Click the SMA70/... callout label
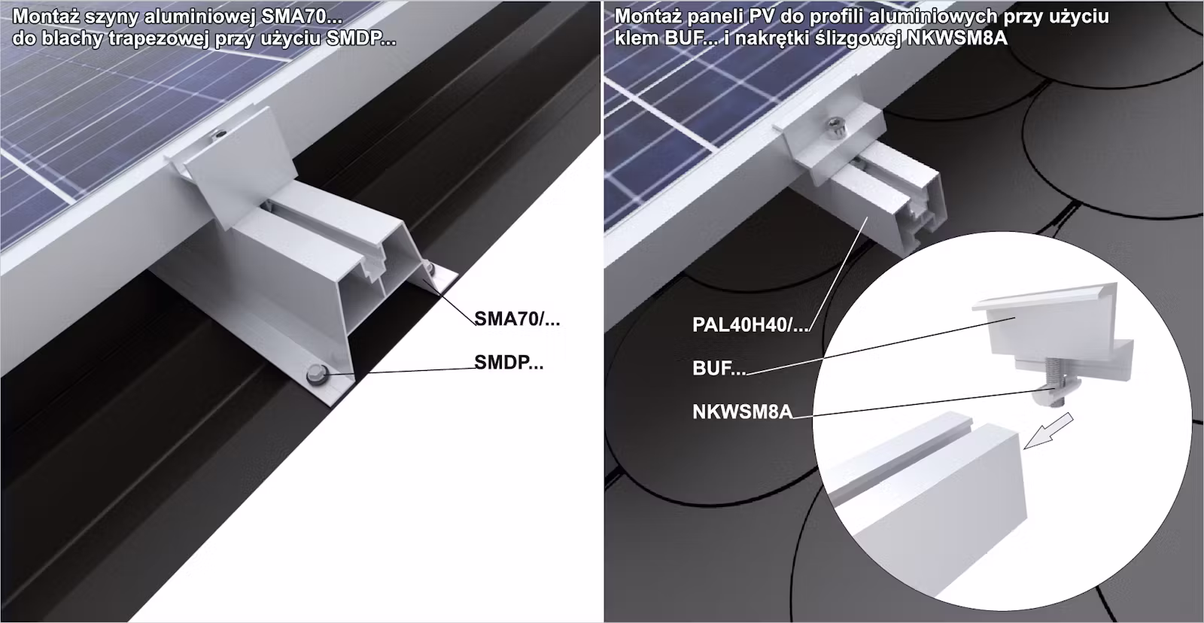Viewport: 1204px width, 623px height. pos(517,319)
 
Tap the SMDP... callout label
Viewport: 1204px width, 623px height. pos(509,363)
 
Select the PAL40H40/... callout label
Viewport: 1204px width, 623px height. pos(750,325)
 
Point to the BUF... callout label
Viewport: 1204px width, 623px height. pos(719,368)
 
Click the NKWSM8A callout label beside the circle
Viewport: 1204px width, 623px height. pos(742,412)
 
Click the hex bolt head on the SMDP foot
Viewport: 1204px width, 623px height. pos(315,374)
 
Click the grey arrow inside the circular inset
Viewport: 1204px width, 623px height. pos(1048,430)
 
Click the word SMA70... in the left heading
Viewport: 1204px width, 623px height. pos(302,17)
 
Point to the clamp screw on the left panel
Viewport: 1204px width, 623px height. pos(220,132)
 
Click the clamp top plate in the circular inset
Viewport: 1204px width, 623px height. pos(1044,299)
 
